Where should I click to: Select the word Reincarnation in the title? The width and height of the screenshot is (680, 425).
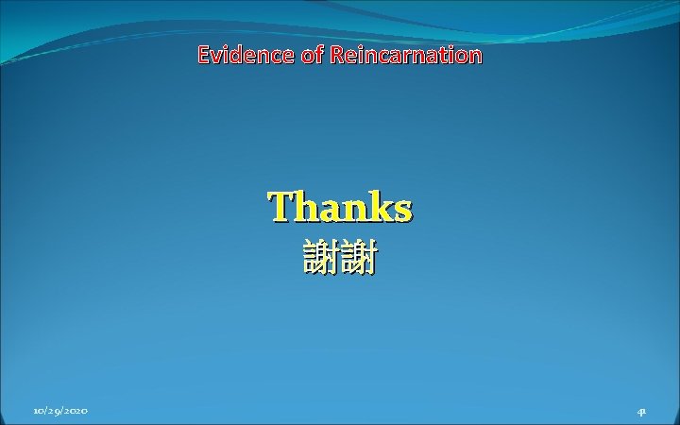tap(406, 55)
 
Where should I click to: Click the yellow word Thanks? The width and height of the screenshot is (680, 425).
tap(340, 207)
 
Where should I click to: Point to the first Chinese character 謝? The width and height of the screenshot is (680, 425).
tap(321, 257)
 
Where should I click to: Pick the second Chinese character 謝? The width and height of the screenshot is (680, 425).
tap(359, 257)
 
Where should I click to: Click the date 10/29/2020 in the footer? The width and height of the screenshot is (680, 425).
tap(60, 411)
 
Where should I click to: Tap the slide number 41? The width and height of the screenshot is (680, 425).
tap(641, 411)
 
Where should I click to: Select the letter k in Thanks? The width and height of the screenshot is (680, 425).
tap(379, 207)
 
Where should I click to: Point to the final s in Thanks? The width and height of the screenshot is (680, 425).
tap(402, 209)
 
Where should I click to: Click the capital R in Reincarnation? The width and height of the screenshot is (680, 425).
tap(337, 55)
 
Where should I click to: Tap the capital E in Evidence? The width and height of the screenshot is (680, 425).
tap(203, 55)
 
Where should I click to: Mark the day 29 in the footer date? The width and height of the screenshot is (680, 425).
tap(52, 411)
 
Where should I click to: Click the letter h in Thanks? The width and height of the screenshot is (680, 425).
tap(305, 207)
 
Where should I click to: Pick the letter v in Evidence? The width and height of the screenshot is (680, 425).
tap(215, 56)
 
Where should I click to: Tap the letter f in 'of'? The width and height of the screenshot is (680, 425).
tap(317, 55)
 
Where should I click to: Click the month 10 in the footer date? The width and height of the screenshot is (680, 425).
tap(37, 411)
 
